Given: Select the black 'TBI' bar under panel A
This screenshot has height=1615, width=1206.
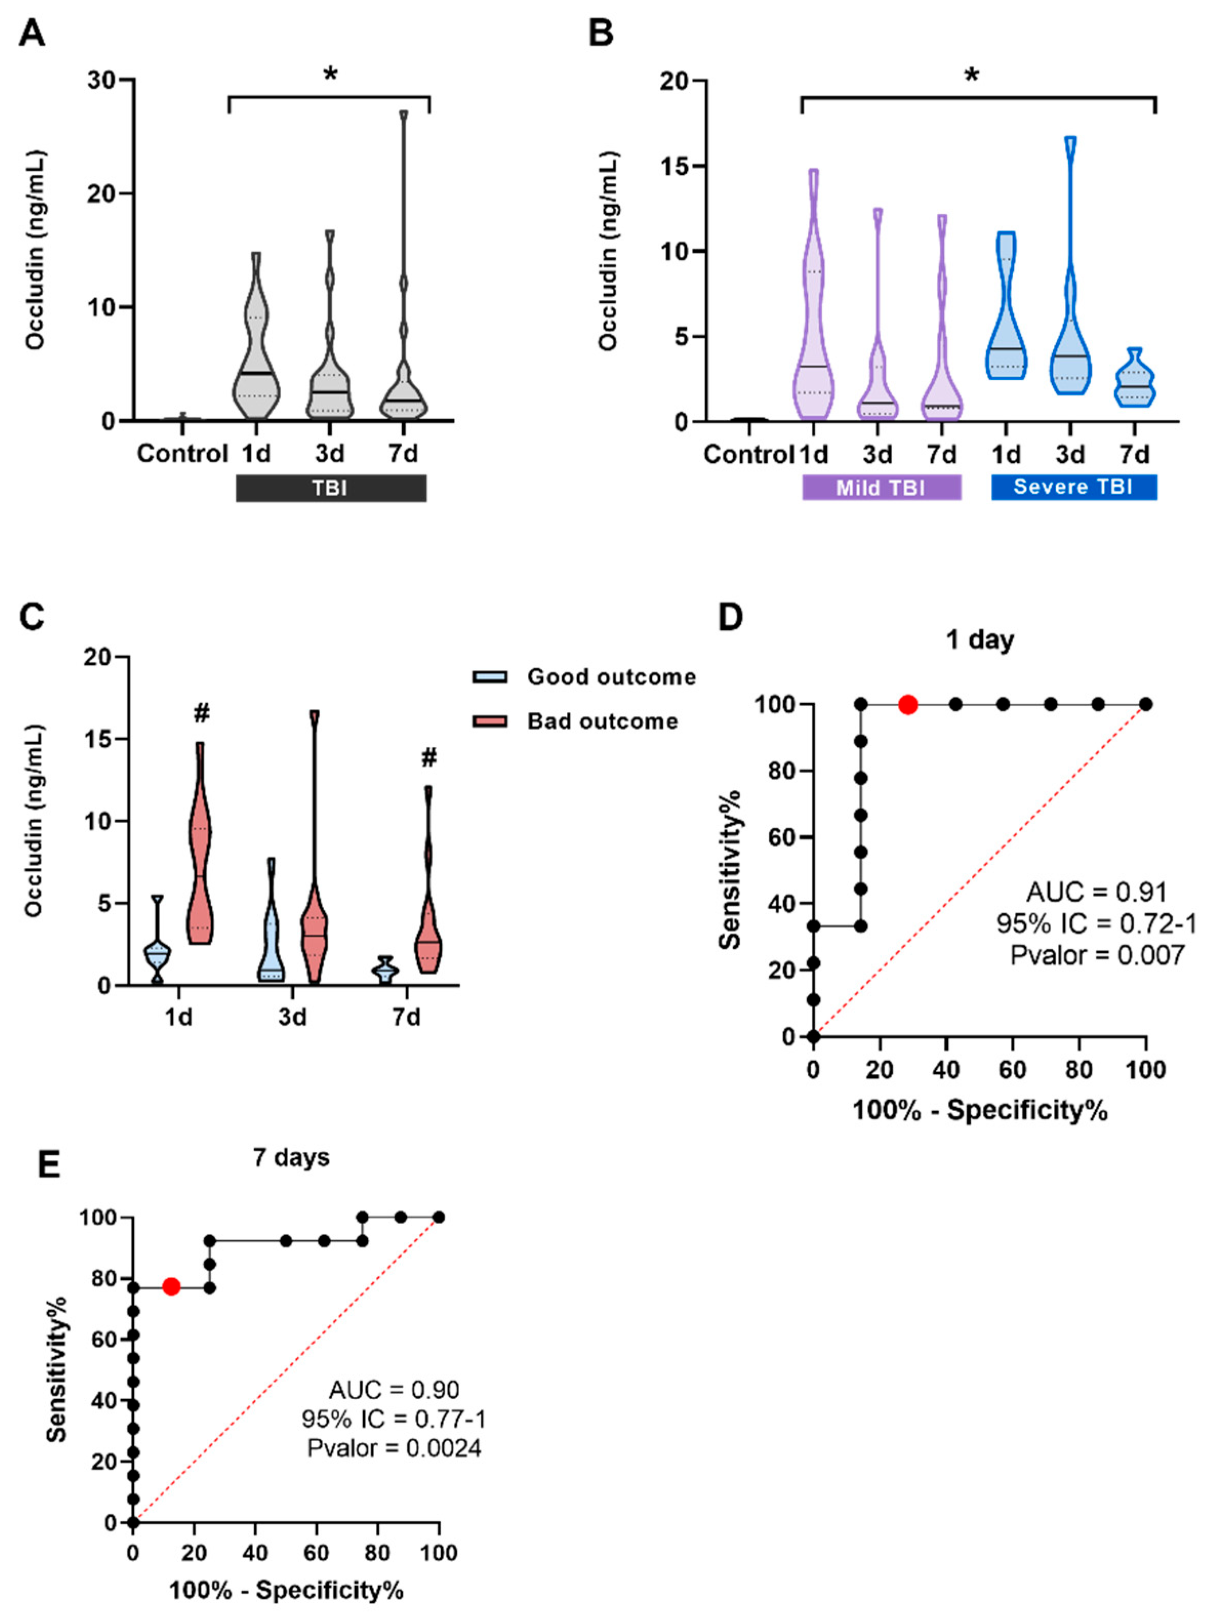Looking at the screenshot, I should (331, 488).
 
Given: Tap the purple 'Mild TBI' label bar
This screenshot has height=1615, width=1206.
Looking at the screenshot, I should (881, 487).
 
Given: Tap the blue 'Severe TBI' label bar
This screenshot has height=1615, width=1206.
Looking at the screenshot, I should (1073, 486).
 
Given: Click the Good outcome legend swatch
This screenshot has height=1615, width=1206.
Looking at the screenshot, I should (490, 677).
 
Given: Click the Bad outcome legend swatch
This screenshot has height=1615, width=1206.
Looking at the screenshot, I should (490, 721).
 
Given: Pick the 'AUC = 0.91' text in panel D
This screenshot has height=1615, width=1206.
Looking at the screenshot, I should (1096, 892).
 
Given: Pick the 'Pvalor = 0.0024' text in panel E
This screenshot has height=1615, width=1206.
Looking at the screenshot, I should (394, 1448).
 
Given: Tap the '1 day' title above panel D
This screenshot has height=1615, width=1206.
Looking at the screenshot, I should (979, 640).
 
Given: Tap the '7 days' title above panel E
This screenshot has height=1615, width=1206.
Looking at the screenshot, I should (291, 1158).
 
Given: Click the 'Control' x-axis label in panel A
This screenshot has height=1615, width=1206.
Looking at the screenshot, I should (182, 454).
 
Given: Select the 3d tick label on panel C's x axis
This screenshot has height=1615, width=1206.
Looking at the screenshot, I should (292, 1017).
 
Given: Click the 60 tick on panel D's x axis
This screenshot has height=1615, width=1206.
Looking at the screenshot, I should (1012, 1070).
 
